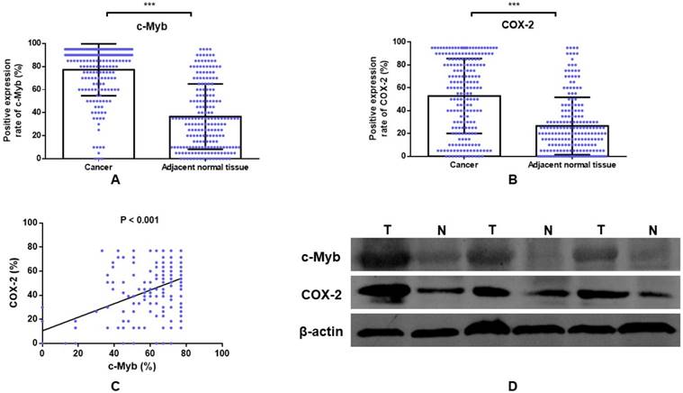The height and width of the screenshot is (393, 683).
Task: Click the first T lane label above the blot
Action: [389, 229]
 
